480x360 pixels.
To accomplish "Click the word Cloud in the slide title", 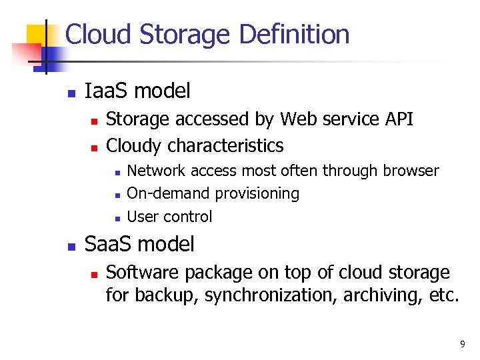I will [x=97, y=35].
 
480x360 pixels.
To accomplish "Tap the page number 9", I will [x=462, y=345].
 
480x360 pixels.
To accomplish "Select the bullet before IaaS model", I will [x=72, y=93].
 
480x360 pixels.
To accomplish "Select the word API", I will [x=399, y=119].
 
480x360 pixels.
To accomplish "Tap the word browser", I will [x=411, y=171].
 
